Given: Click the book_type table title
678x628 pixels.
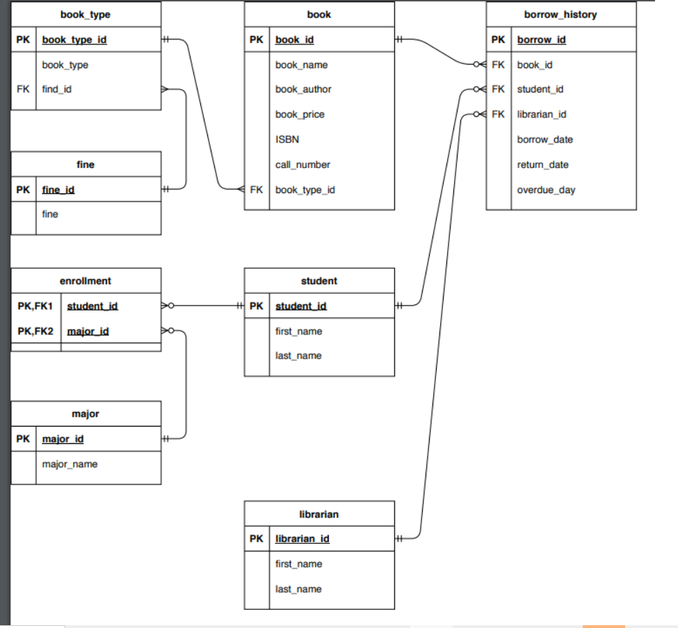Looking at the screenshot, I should [86, 14].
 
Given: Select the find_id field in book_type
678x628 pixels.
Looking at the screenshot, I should [57, 90].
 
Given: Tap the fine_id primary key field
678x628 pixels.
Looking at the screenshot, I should [58, 190].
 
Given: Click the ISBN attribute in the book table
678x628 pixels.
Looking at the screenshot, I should [287, 140].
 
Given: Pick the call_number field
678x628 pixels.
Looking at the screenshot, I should [302, 165].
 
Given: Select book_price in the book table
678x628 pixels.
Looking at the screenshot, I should [300, 115].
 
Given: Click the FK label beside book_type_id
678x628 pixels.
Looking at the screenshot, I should [257, 190].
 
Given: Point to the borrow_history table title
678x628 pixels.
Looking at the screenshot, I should [560, 14].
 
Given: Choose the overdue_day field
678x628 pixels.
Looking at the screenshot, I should [546, 190].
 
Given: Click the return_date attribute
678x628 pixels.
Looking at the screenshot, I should [542, 165].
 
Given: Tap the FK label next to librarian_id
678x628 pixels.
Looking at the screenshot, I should [498, 115].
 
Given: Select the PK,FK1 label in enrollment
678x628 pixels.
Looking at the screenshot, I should [35, 306].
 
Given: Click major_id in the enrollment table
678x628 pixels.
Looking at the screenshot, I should [88, 331].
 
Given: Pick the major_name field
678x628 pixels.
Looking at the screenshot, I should [70, 464].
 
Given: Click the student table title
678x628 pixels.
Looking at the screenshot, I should [319, 281].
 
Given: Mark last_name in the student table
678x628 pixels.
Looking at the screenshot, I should [298, 356].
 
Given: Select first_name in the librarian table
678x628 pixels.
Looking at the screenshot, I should [298, 564].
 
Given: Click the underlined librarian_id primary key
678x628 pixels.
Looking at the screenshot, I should [302, 539].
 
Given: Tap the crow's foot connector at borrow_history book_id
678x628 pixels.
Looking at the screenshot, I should [478, 65].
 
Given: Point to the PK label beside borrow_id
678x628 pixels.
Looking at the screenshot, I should [498, 40].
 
